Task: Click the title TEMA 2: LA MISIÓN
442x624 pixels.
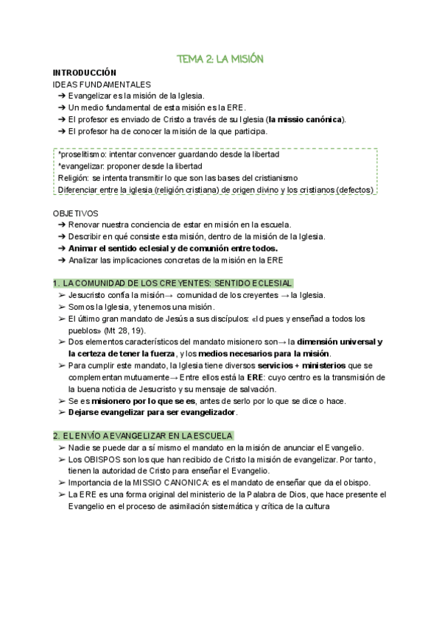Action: coord(220,58)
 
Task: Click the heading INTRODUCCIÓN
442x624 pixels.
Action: coord(85,73)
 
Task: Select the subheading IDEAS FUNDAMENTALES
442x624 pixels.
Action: coord(102,85)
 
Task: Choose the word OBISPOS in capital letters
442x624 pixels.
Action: coord(97,460)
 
